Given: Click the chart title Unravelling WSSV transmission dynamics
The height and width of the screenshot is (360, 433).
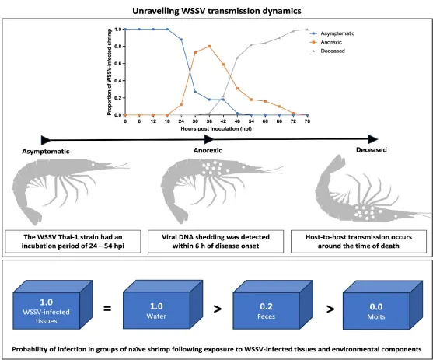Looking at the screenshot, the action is click(216, 11).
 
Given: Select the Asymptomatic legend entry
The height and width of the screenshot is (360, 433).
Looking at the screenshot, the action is click(332, 33).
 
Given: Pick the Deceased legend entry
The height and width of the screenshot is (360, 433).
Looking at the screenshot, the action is click(327, 51).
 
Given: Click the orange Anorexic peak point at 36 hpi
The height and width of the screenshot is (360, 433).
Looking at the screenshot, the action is click(209, 47).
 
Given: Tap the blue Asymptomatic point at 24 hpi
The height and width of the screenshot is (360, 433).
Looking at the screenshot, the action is click(181, 40).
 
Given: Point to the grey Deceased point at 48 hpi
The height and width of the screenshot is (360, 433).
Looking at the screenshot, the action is click(237, 58).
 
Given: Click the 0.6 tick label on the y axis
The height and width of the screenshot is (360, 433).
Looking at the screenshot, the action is click(118, 64).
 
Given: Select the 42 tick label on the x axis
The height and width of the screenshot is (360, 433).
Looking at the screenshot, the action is click(223, 121).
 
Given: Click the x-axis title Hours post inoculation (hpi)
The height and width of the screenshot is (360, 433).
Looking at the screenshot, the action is click(216, 129).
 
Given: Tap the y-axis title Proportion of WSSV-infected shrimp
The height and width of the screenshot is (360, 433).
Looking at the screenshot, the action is click(110, 72).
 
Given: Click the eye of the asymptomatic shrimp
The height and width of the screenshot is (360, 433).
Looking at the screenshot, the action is click(93, 164).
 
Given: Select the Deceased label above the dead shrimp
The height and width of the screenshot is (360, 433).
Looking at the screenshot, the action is click(372, 150).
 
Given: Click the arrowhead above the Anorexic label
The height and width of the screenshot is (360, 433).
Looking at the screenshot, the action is click(209, 139).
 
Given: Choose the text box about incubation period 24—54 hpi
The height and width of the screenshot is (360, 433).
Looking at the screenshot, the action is click(73, 242).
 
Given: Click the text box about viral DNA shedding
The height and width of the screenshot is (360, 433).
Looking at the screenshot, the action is click(215, 242).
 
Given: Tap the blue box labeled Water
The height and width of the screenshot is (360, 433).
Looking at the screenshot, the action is click(163, 305).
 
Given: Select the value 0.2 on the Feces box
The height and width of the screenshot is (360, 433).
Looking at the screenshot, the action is click(266, 306).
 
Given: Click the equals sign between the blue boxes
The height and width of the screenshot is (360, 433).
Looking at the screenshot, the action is click(107, 308).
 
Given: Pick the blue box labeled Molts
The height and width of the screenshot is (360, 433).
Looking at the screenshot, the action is click(382, 305).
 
